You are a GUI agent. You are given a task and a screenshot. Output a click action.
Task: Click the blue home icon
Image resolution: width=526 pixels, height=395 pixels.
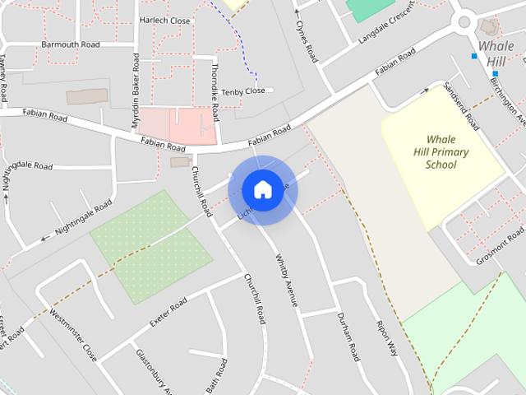click(262, 189)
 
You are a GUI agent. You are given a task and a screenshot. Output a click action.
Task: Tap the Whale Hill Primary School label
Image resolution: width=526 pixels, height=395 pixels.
click(441, 152)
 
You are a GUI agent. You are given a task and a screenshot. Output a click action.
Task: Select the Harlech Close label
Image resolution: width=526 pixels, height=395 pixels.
click(164, 20)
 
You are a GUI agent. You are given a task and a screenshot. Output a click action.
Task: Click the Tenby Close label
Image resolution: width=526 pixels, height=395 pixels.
click(243, 91)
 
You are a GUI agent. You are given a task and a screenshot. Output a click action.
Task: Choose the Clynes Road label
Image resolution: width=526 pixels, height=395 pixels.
click(307, 42)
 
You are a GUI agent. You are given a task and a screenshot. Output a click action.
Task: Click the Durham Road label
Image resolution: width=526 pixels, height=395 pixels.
click(348, 337)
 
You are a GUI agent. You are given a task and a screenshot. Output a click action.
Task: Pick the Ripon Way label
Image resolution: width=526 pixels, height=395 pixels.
click(385, 337)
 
